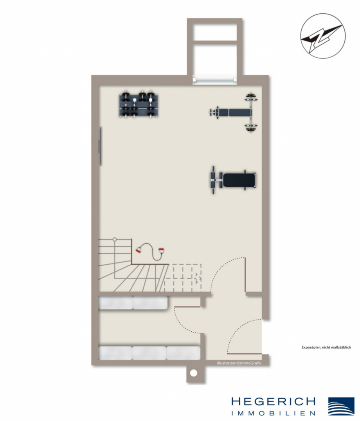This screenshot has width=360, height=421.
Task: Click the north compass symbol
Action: coord(320,38)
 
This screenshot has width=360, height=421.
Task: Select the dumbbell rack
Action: coord(139,105)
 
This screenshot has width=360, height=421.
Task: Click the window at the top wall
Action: coord(215,80)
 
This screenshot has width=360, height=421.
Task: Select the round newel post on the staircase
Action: coord(115,239)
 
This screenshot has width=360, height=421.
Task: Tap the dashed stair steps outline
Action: coord(183,278)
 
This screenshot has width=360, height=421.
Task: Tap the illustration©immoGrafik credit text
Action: coord(239,363)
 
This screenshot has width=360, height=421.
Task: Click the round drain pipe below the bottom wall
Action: coord(193,373)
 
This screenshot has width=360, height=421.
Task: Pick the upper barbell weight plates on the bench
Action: coord(250,98)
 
